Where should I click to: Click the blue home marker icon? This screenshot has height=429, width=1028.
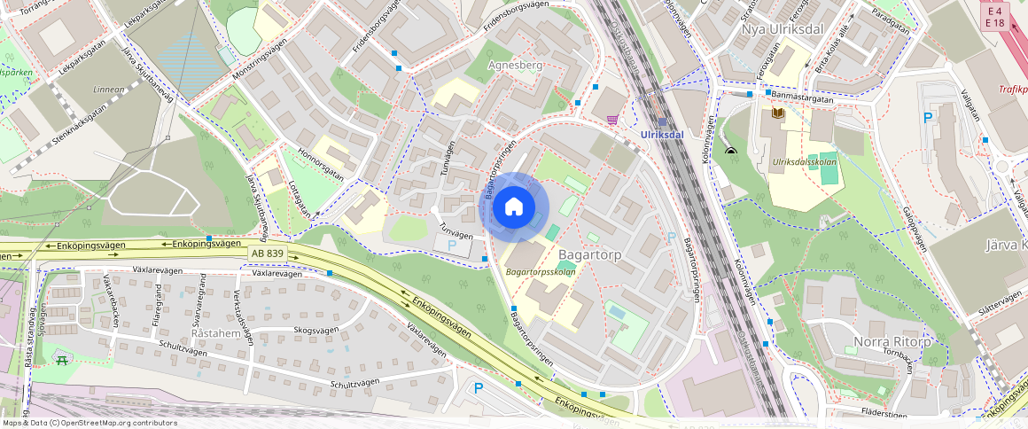(514, 207)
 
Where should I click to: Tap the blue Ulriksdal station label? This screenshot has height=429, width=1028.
(662, 135)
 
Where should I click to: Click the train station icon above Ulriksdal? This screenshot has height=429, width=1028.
(662, 122)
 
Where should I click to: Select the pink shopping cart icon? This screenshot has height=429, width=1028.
(612, 119)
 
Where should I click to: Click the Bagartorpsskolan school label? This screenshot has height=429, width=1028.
(541, 272)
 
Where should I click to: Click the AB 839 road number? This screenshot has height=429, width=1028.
(269, 254)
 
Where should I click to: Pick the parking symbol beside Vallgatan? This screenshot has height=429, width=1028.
(928, 117)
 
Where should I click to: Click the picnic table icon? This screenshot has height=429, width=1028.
(61, 359)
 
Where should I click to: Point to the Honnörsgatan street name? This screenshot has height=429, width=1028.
(321, 162)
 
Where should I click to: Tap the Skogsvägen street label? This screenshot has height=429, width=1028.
(315, 330)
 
